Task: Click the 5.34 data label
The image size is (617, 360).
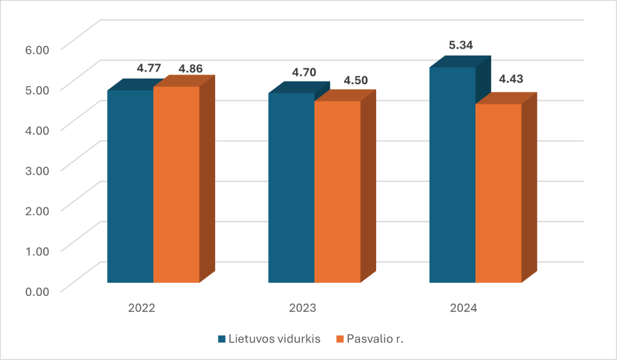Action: pyautogui.click(x=461, y=45)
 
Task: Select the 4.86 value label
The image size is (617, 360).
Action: pyautogui.click(x=191, y=68)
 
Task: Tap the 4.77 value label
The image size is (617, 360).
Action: pyautogui.click(x=149, y=68)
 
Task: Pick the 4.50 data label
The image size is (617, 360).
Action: pyautogui.click(x=356, y=80)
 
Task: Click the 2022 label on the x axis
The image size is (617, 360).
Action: pyautogui.click(x=142, y=307)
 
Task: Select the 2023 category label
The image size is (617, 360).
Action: pyautogui.click(x=303, y=307)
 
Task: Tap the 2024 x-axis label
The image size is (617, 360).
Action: pyautogui.click(x=464, y=307)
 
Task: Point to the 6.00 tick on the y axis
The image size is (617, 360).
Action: pyautogui.click(x=38, y=49)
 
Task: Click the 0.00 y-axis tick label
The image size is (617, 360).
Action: pyautogui.click(x=38, y=290)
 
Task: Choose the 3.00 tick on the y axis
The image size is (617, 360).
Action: pyautogui.click(x=38, y=170)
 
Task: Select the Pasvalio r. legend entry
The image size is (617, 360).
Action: pyautogui.click(x=375, y=339)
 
